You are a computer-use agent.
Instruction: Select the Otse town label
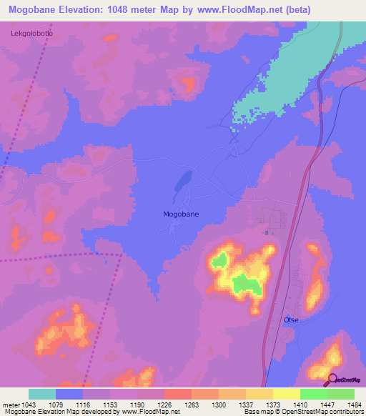coord(291,320)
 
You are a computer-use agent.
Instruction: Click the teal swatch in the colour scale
coord(42,394)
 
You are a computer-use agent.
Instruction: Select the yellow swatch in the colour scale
coord(287,394)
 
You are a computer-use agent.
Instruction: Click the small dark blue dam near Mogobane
coord(182,182)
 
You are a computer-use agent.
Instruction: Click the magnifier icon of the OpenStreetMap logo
coord(330,379)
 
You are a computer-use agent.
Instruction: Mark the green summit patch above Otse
coord(247,285)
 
